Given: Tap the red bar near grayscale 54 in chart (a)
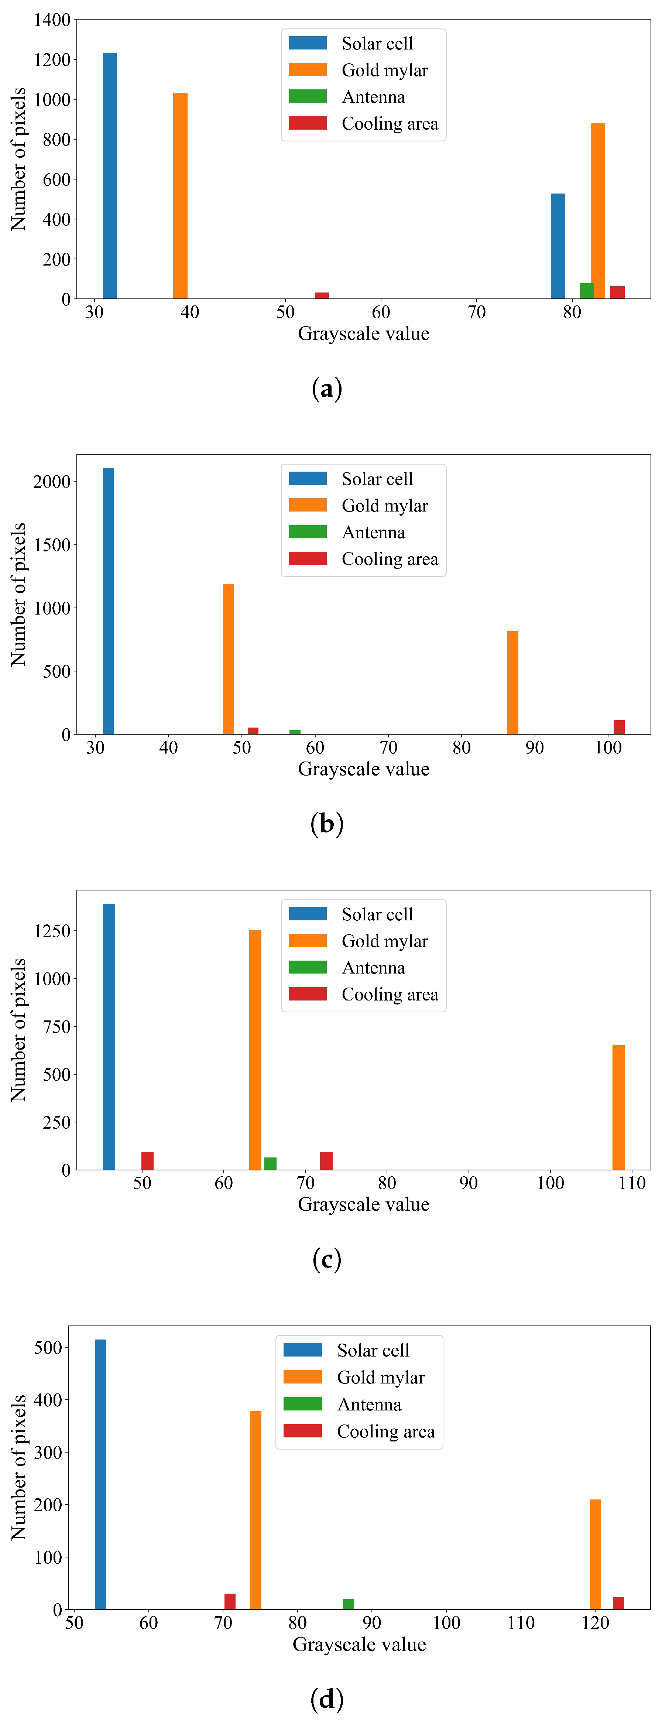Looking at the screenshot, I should (x=322, y=295).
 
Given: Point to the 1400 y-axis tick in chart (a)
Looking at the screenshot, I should (x=52, y=20).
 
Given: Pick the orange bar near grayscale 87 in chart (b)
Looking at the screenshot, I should (x=513, y=683).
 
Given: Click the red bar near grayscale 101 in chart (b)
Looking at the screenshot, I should (x=619, y=728).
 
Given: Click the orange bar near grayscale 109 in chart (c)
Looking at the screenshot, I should (x=618, y=1108).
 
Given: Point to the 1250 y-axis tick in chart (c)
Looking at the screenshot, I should (x=52, y=931).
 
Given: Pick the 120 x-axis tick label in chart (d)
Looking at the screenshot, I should (x=595, y=1623).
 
